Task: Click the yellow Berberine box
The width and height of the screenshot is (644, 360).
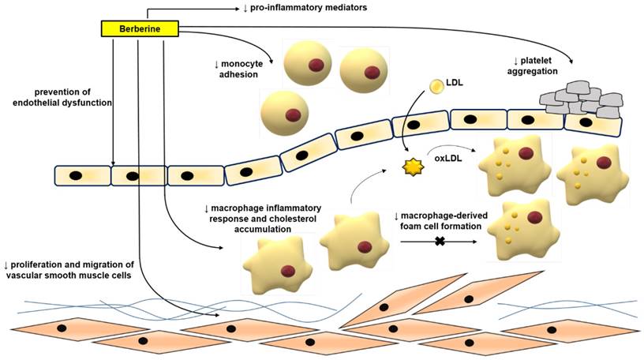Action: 140,28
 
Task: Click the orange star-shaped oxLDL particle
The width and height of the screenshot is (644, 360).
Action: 410,167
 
